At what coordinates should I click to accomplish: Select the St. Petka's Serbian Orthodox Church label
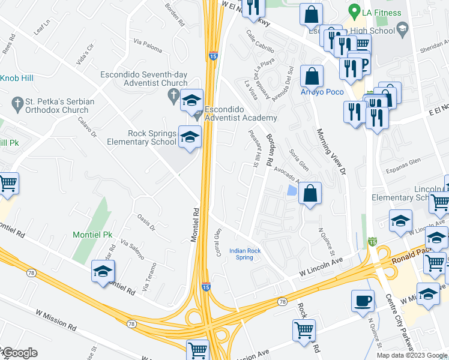pos(57,106)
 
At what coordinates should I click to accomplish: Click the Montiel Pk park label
pos(92,234)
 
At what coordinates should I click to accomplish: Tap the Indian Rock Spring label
pos(244,254)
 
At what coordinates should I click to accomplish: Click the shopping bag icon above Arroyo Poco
pos(312,76)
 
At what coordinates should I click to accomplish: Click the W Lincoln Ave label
pos(321,266)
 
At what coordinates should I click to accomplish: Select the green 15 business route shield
pos(372,242)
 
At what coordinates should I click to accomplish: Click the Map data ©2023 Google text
pos(411,355)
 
